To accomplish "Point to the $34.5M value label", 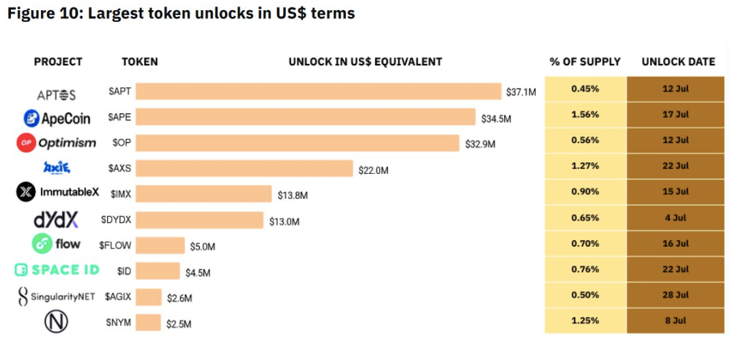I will point(496,119).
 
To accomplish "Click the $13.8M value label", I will point(293,196).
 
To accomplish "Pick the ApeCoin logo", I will point(57,118).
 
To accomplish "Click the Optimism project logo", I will point(57,142).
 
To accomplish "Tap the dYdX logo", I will point(56,219).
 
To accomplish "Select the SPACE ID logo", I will point(57,269).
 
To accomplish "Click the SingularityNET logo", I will point(57,296).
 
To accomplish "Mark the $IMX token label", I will point(121,194).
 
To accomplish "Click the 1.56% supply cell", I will point(585,115).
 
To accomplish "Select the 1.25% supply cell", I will point(585,320).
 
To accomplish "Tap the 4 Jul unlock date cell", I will point(675,217).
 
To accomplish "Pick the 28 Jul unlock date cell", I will point(675,295).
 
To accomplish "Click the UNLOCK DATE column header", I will point(678,61).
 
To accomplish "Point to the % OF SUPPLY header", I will point(585,61).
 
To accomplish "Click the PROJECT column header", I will point(58,61).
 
